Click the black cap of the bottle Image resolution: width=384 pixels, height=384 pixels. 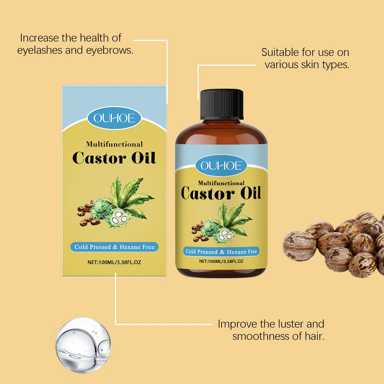[222, 104]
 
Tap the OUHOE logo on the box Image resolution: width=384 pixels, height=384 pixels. [114, 118]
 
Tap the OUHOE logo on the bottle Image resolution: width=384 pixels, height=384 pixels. [221, 165]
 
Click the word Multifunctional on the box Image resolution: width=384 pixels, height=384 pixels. [114, 144]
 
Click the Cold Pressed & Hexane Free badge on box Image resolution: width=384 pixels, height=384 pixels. [114, 247]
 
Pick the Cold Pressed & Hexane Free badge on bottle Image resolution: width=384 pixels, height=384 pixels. [221, 252]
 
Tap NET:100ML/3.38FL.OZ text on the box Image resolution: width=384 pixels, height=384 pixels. [114, 262]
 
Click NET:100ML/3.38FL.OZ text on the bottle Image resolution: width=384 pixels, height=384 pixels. [221, 261]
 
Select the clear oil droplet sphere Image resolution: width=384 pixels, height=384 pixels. [83, 345]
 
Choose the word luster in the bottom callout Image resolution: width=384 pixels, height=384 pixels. [287, 324]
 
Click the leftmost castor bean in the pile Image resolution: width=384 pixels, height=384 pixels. [299, 246]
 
